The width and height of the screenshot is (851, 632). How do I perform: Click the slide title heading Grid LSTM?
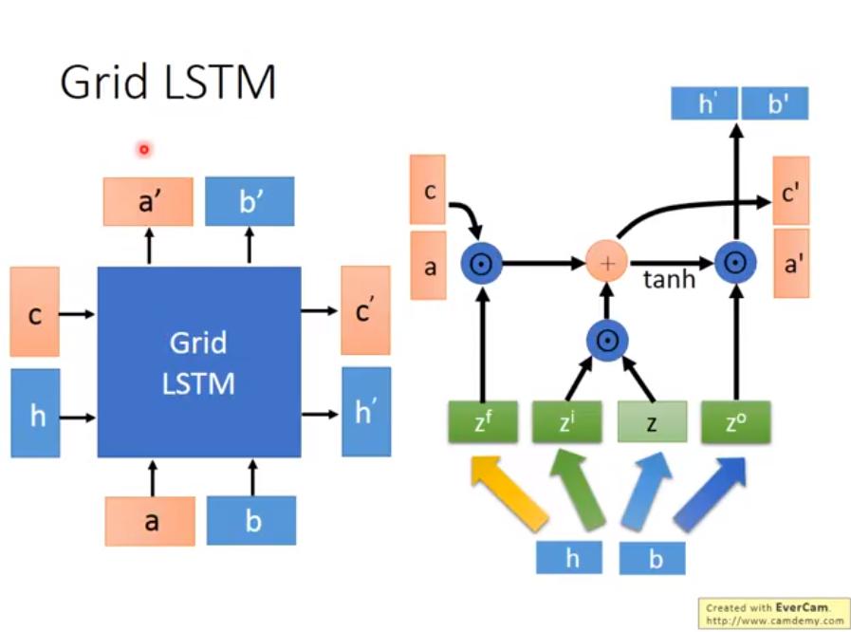click(168, 83)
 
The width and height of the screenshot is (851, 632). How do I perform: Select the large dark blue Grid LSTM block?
click(199, 362)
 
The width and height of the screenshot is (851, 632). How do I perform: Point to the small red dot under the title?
click(143, 149)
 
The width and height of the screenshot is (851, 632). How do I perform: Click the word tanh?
click(669, 280)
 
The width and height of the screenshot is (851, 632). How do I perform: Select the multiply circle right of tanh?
click(735, 263)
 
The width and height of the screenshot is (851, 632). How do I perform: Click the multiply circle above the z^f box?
click(481, 263)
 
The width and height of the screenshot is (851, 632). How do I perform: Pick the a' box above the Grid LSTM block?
click(148, 201)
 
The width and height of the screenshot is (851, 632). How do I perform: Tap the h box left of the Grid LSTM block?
click(36, 414)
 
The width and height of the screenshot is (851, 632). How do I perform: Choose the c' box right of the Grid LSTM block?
click(364, 310)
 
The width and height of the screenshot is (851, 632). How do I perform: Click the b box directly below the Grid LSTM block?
click(251, 520)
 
